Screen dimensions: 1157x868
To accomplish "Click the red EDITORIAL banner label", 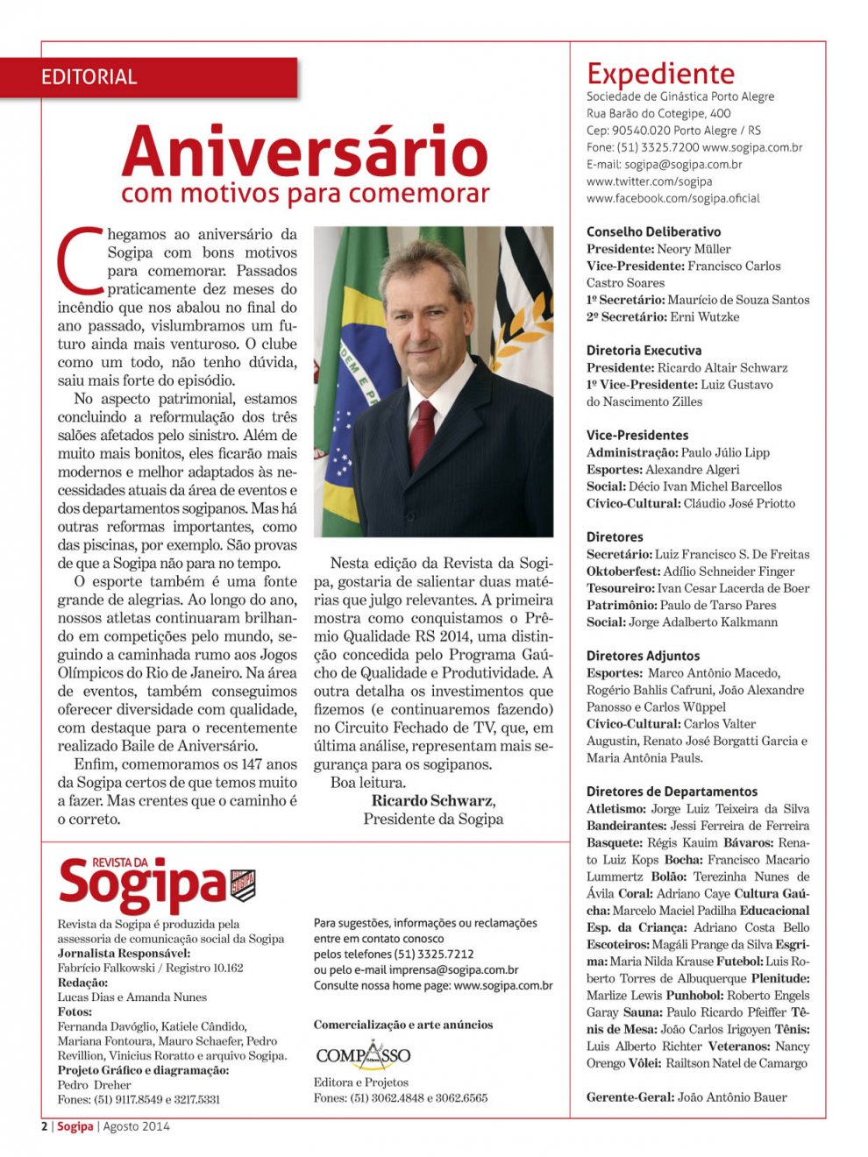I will click(89, 77).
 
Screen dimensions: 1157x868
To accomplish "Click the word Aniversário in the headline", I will click(304, 151).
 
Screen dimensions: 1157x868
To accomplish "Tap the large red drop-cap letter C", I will click(77, 259).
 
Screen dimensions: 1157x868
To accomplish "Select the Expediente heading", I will click(660, 73).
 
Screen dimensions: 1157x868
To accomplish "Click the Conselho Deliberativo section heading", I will click(653, 231).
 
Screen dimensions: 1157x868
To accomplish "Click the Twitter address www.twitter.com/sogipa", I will click(649, 181).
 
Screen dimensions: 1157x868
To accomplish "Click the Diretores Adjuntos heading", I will click(643, 656).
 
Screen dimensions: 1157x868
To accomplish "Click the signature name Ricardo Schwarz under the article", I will click(431, 800).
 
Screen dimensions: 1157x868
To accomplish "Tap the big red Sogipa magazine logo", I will click(142, 884).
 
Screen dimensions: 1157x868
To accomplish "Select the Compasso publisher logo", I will click(363, 1054).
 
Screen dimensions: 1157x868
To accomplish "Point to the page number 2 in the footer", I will click(45, 1126).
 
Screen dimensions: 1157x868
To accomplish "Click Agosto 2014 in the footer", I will click(136, 1126).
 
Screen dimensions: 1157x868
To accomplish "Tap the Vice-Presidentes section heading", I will click(637, 435).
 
